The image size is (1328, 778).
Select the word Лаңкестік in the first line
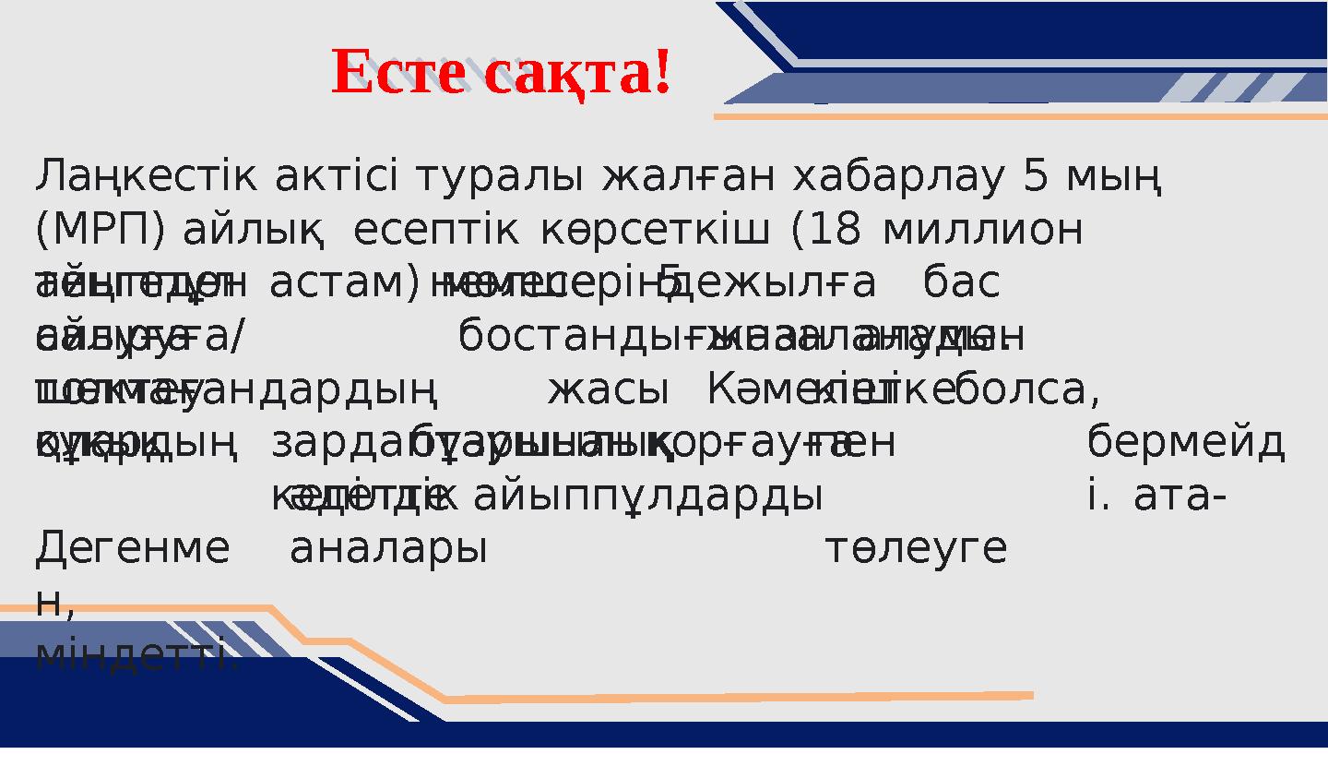point(147,177)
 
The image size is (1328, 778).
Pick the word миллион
point(982,231)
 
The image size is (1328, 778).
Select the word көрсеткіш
point(654,231)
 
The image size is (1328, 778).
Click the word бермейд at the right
point(1185,443)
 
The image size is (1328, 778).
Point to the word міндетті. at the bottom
point(136,656)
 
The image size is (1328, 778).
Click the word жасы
point(608,390)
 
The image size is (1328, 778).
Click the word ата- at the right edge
point(1180,497)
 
